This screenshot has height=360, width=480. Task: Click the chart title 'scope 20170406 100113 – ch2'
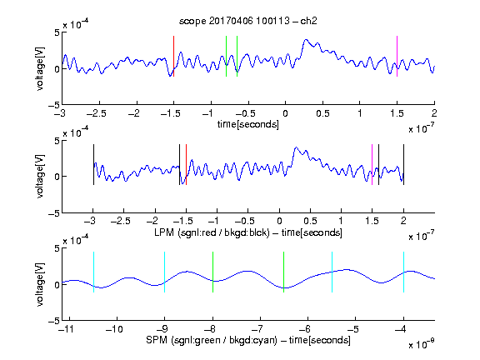(248, 21)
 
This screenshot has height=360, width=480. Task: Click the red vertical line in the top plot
(174, 56)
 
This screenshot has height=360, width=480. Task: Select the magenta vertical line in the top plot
(397, 56)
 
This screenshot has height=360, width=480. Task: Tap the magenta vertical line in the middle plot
(372, 164)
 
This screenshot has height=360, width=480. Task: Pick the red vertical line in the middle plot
(186, 164)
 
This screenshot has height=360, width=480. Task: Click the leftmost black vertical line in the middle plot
(93, 164)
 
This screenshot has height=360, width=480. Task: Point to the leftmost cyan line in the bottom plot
(93, 272)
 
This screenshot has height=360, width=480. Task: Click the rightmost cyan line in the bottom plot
(403, 272)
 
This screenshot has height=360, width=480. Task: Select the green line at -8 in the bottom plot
(212, 272)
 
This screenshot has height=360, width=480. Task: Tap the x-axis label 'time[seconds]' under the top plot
(248, 124)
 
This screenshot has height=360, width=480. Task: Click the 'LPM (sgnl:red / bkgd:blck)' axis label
(212, 232)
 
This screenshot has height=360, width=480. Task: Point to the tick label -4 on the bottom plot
(401, 329)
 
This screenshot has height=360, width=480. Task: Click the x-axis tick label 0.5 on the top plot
(322, 113)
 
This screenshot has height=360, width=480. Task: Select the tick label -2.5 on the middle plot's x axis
(120, 221)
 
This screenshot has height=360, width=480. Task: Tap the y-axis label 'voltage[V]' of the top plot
(40, 68)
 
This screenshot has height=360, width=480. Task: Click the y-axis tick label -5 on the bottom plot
(54, 321)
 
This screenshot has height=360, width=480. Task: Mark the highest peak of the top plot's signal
(306, 39)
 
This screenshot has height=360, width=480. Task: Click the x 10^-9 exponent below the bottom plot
(421, 345)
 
